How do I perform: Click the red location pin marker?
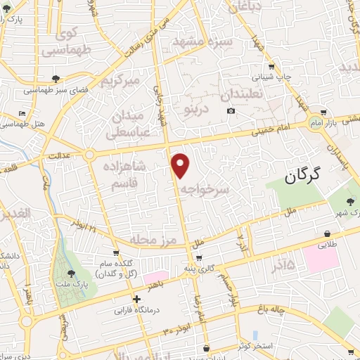point(181,165)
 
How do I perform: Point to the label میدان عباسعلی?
point(128,124)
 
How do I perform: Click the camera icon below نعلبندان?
point(231,111)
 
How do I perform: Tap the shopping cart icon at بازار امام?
point(323,111)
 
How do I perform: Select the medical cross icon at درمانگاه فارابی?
point(137,299)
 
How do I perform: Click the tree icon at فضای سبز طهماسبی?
point(56,78)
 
